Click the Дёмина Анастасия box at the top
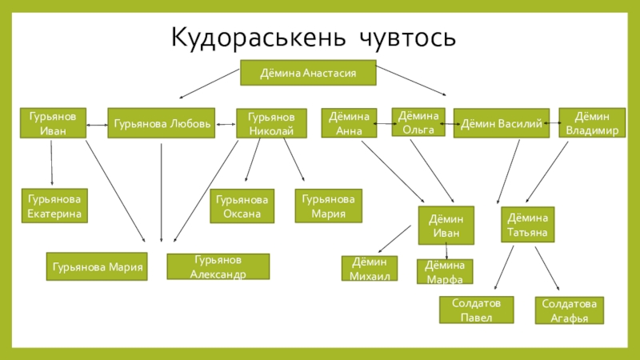point(308,74)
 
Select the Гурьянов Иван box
point(53,123)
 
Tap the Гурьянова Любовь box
point(162,124)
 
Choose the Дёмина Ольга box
point(418,122)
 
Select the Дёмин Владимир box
point(590,122)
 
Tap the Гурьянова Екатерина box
point(54,205)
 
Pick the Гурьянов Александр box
point(218,266)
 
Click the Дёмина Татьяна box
point(527,225)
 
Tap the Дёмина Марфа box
point(445,271)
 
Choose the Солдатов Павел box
point(476,310)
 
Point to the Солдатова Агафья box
point(570,310)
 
